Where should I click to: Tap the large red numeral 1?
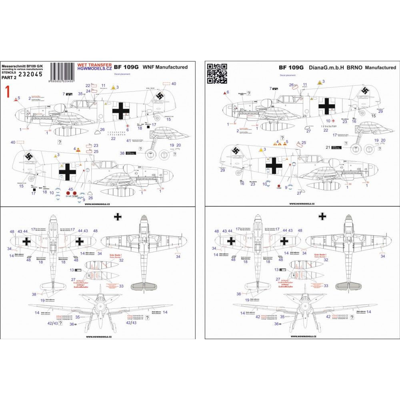point(7,91)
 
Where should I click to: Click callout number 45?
point(70,190)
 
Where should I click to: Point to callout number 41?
point(128,140)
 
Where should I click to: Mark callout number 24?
point(88,91)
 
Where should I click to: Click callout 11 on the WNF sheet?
point(104,85)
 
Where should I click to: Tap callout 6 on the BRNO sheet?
point(228,92)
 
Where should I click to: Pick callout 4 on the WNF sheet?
point(75,149)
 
